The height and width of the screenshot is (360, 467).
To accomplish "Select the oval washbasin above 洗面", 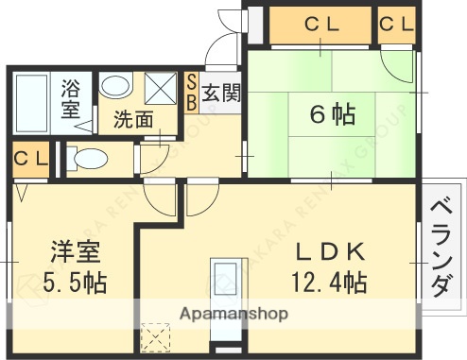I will pyautogui.click(x=117, y=86).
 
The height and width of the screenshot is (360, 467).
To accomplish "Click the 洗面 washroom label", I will pyautogui.click(x=133, y=120).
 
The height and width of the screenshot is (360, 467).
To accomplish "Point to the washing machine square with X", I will pyautogui.click(x=162, y=92).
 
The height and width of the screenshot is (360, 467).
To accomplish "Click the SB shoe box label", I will pyautogui.click(x=191, y=93).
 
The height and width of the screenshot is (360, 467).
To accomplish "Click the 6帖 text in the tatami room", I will pyautogui.click(x=333, y=115).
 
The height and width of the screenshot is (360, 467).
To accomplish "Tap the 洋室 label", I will pyautogui.click(x=75, y=252).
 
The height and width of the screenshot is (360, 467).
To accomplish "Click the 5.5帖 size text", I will pyautogui.click(x=75, y=282).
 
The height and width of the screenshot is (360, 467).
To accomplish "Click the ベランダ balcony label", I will pyautogui.click(x=441, y=246).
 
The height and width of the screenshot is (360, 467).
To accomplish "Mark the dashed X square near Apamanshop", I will pyautogui.click(x=153, y=335).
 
